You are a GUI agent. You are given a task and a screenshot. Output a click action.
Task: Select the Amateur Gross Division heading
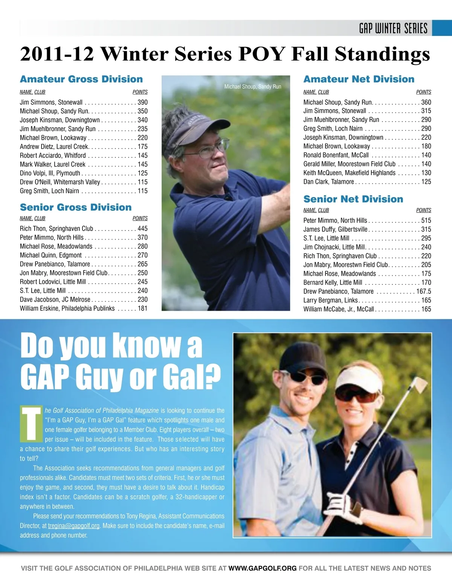click(x=81, y=79)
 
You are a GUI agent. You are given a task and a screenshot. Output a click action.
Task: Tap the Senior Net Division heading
click(x=353, y=199)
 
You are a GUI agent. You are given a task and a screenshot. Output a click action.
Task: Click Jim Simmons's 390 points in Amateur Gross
click(x=142, y=102)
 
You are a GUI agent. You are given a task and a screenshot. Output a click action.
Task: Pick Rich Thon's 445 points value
click(x=142, y=229)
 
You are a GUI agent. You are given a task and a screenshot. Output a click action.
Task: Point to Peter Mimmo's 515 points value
click(x=426, y=220)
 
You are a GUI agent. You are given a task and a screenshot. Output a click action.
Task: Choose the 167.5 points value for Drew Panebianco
click(x=424, y=291)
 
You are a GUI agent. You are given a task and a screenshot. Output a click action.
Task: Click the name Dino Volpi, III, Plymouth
click(x=50, y=173)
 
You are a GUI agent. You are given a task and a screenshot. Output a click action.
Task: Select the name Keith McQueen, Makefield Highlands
click(x=349, y=173)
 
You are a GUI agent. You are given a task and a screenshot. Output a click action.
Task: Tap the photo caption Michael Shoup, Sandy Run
click(x=253, y=87)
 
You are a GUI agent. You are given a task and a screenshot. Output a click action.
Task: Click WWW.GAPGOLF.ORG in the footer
click(x=263, y=568)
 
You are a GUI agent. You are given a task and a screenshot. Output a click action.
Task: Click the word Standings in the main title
click(x=382, y=53)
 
